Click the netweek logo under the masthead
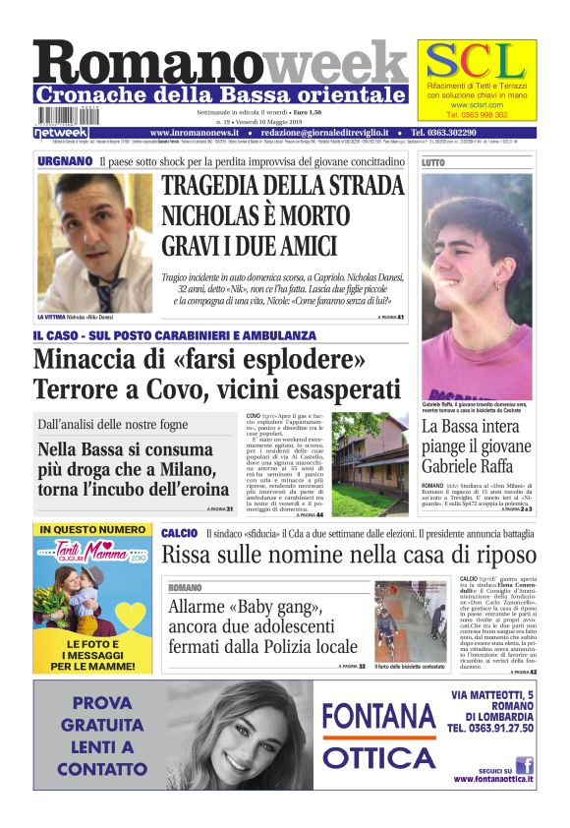[x=61, y=132]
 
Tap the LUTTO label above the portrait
[x=433, y=162]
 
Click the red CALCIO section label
[x=180, y=532]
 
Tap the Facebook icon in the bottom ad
[x=524, y=765]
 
